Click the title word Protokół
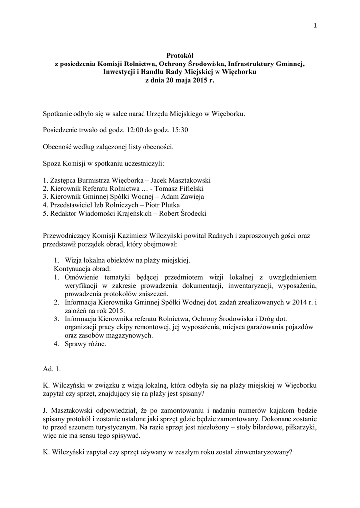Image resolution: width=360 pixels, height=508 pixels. tap(180, 56)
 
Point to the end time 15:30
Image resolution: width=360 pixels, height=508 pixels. tap(179, 130)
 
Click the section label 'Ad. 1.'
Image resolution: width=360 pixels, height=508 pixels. tap(51, 369)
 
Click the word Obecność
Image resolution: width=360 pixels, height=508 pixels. tap(59, 146)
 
